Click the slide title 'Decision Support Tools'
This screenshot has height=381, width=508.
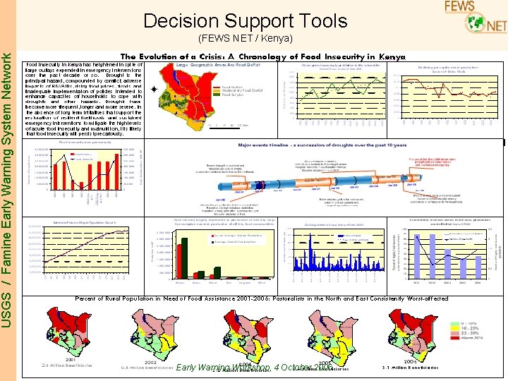(245, 21)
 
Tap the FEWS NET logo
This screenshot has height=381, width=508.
(475, 17)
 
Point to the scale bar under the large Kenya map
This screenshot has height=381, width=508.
(219, 124)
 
